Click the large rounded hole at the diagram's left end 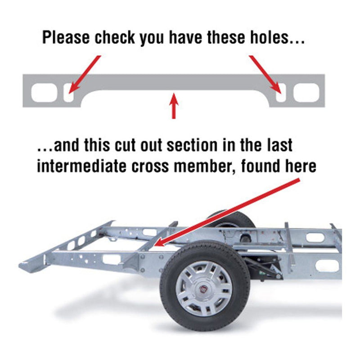pyautogui.click(x=44, y=93)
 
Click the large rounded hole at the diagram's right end pyautogui.click(x=306, y=93)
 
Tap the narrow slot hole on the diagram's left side pyautogui.click(x=69, y=93)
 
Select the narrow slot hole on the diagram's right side pyautogui.click(x=281, y=93)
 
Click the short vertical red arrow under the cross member pyautogui.click(x=174, y=106)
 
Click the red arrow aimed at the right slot pyautogui.click(x=265, y=75)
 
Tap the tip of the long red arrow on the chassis pyautogui.click(x=155, y=246)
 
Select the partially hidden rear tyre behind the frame pyautogui.click(x=231, y=220)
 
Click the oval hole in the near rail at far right pyautogui.click(x=327, y=266)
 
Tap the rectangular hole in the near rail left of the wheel pyautogui.click(x=111, y=259)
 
